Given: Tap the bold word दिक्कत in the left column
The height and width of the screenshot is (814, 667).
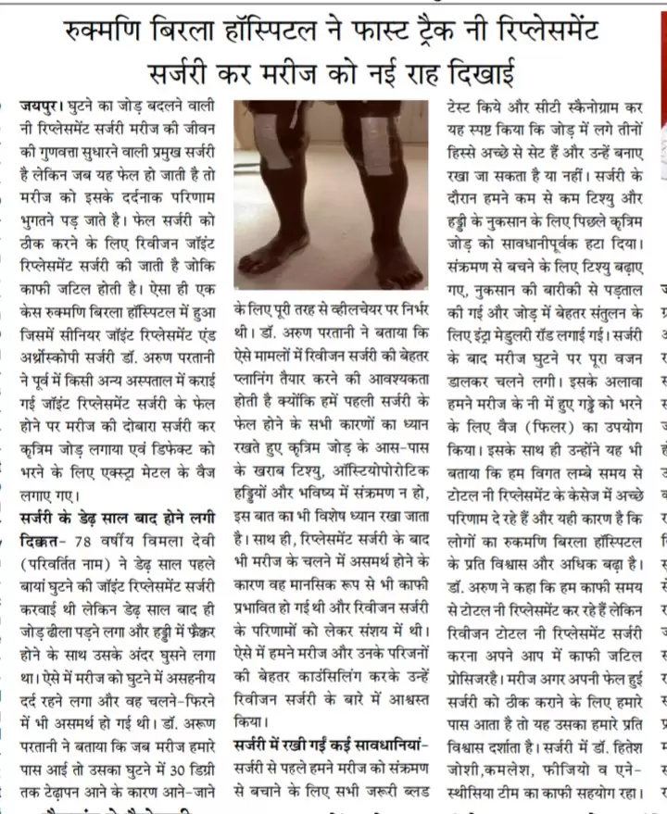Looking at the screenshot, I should pos(43,539).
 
